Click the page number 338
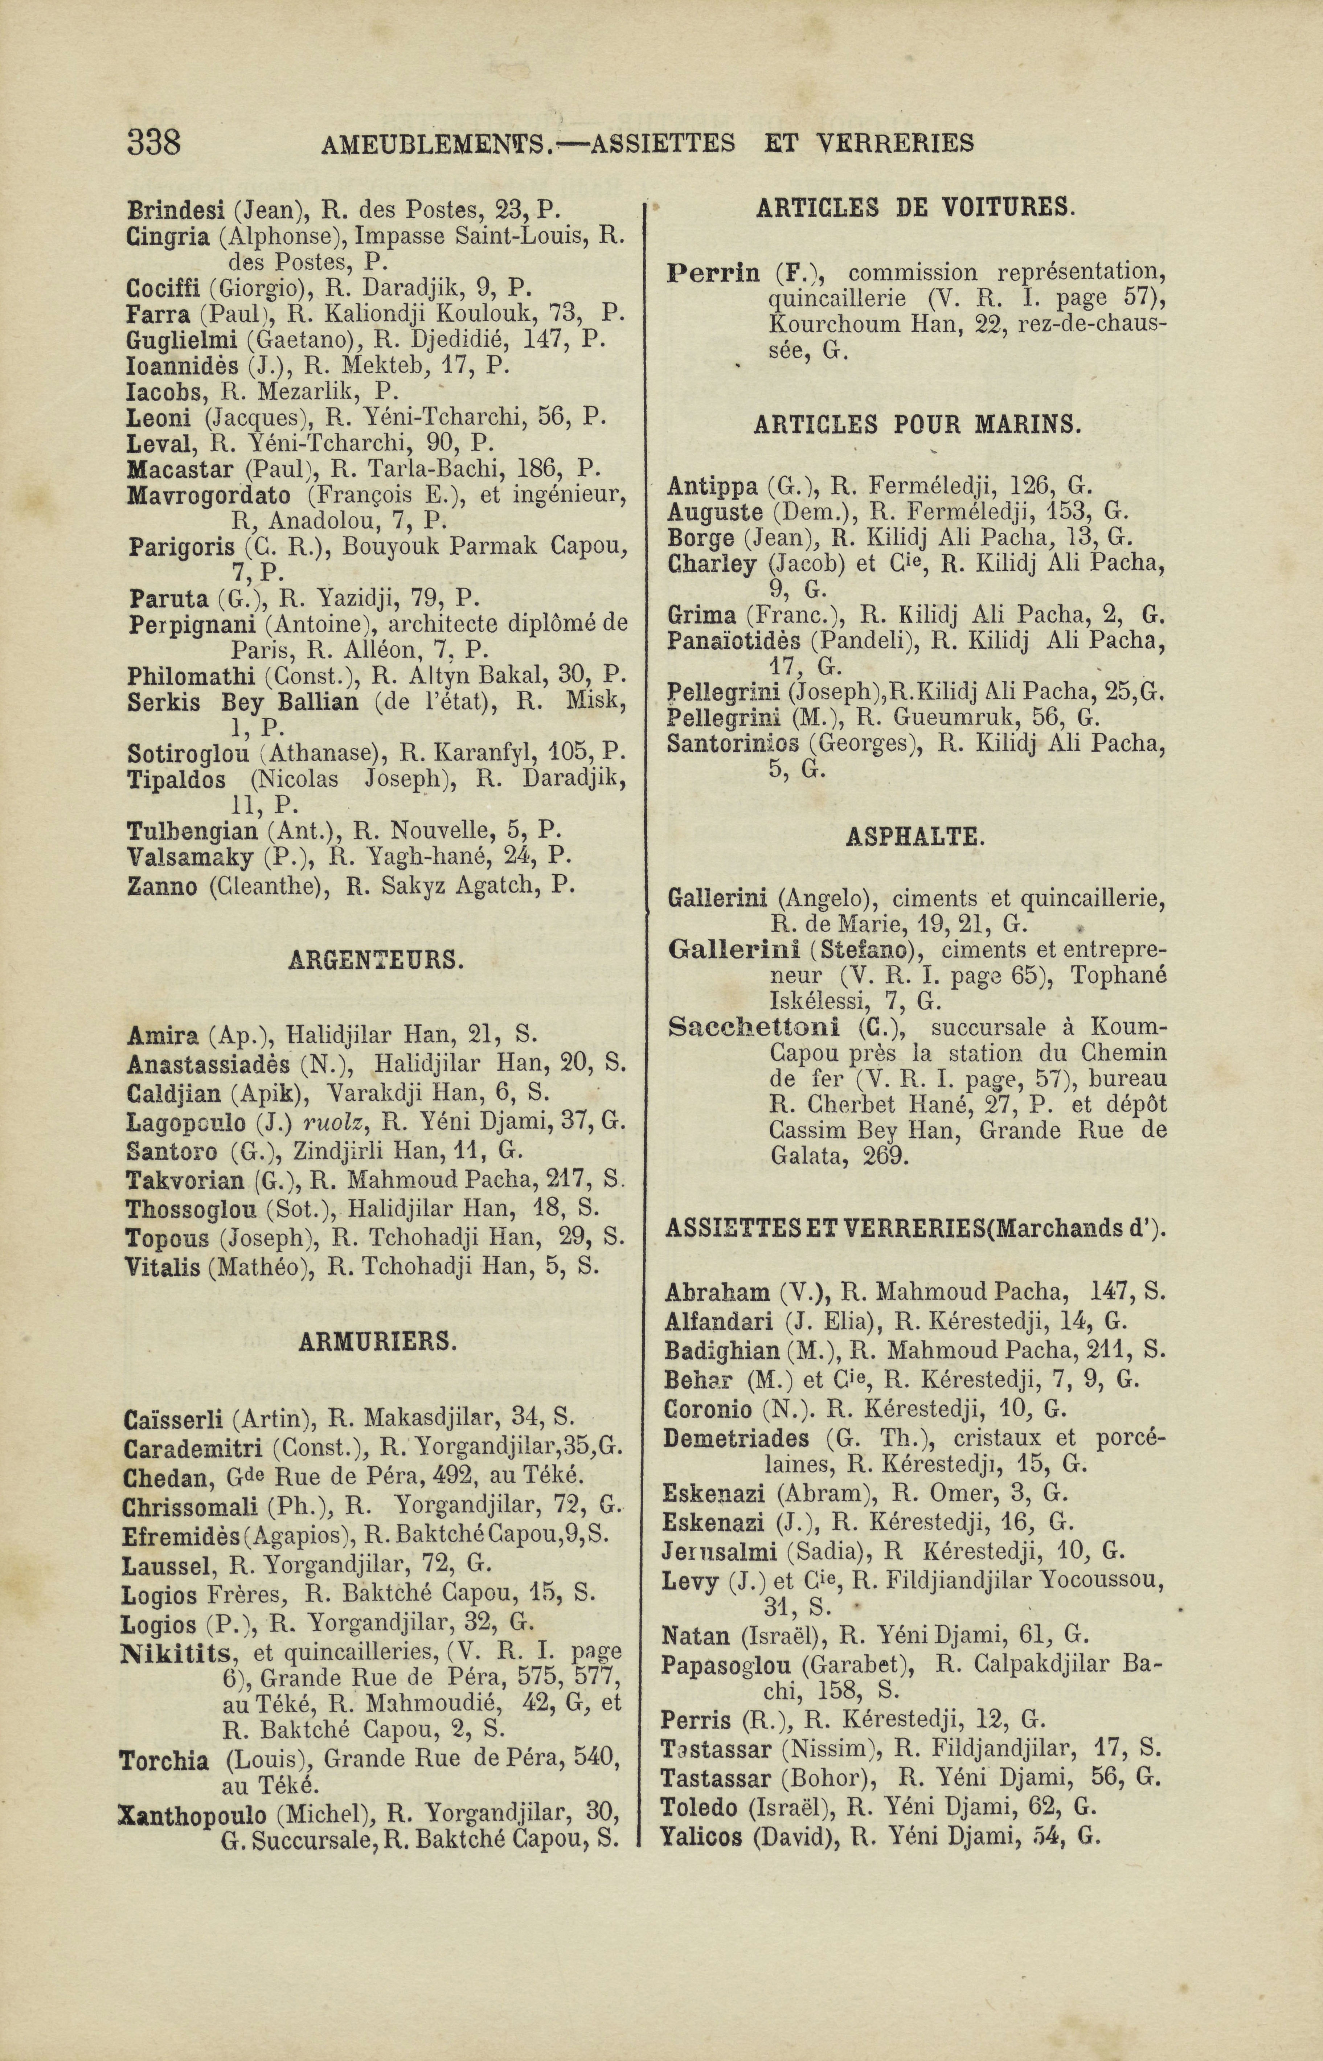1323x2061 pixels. [x=154, y=142]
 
